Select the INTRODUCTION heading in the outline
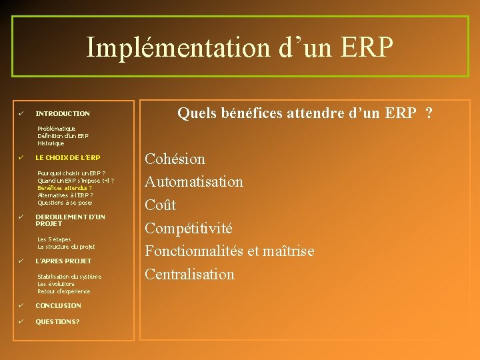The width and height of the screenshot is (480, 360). pos(62,114)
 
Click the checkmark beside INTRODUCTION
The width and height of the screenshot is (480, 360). pos(21,113)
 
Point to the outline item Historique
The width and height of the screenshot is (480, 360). pos(51,143)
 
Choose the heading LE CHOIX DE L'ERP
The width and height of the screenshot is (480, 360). pos(67,158)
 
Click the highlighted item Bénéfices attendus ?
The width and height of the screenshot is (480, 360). pos(65,188)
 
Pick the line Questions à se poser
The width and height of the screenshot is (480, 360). pos(65,203)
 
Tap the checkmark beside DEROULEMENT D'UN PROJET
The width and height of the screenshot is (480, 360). pos(21,217)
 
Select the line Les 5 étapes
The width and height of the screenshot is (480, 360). pos(54,239)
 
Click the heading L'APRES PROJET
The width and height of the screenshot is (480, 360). pos(63,261)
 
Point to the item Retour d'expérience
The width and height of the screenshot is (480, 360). pos(63,291)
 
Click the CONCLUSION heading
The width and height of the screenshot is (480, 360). pos(58,306)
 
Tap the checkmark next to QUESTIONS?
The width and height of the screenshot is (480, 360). pos(21,321)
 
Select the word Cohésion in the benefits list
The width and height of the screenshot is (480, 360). pos(175,159)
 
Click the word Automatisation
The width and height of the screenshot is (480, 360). pos(194,182)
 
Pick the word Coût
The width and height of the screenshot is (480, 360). pos(161,205)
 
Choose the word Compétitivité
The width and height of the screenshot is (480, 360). pos(189,229)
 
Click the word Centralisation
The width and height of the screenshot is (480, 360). pos(190,275)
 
